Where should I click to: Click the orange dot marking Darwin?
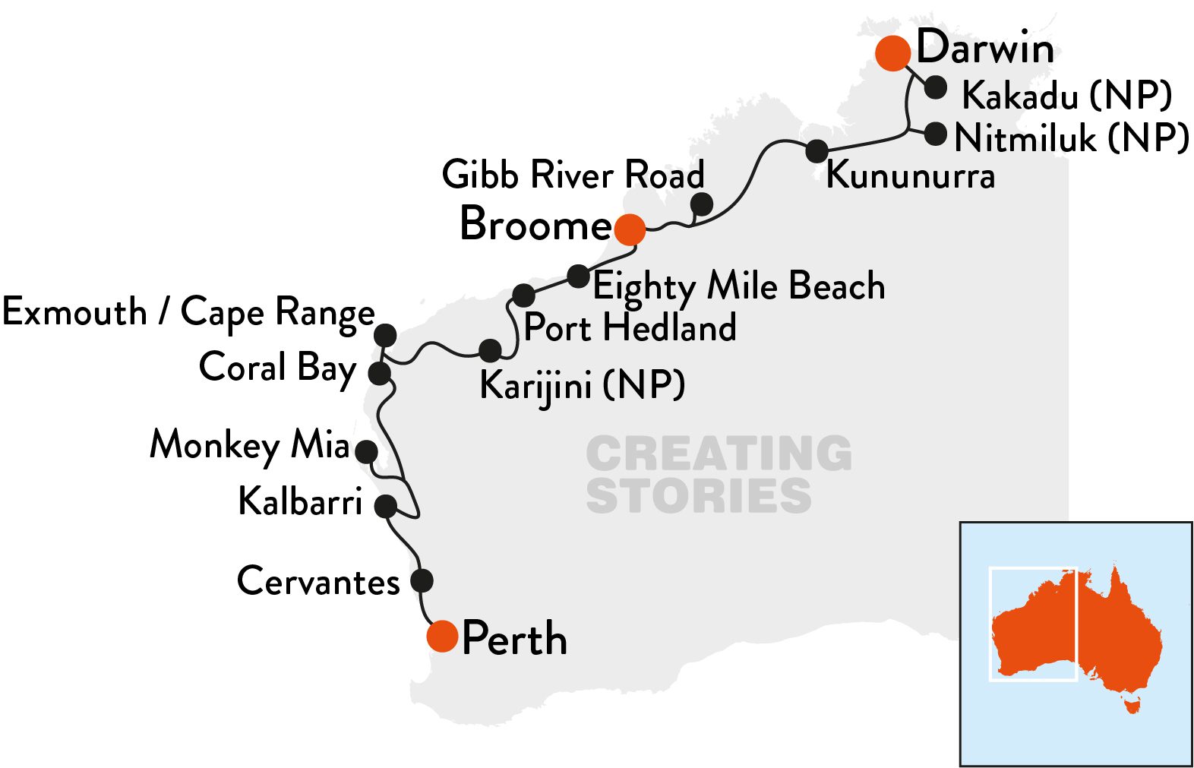[892, 53]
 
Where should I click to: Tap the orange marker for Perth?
[442, 636]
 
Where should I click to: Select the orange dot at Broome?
[630, 229]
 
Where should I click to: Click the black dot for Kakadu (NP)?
[936, 87]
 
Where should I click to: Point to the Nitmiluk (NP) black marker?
[935, 134]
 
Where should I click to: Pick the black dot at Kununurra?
[817, 150]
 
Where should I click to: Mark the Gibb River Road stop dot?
[702, 204]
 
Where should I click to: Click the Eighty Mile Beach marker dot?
[579, 275]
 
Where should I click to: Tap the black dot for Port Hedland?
[523, 295]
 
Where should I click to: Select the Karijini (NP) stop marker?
[491, 350]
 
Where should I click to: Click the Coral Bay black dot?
[379, 373]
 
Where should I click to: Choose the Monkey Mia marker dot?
[367, 451]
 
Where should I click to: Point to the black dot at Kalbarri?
[386, 506]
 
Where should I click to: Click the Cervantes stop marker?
[422, 581]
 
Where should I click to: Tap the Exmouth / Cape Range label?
[188, 312]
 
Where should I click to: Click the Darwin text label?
[985, 48]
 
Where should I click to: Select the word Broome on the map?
[535, 225]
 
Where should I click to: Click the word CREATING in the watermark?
[719, 454]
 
